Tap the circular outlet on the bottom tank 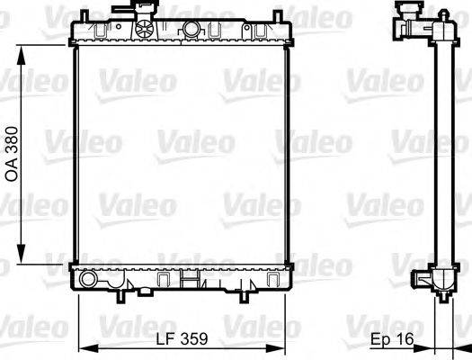pos(87,280)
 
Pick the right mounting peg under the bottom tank pos(245,292)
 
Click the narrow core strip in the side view pos(441,153)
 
